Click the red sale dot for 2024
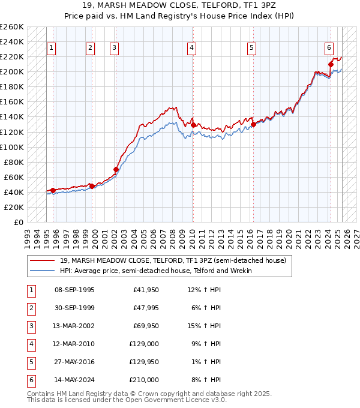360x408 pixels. (x=331, y=64)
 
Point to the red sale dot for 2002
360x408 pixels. (x=116, y=170)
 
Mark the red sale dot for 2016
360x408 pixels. (x=253, y=124)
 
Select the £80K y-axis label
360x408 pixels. (x=14, y=162)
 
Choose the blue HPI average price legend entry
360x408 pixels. (x=155, y=271)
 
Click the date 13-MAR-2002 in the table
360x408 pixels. (x=74, y=326)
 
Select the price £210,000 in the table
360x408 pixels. (x=145, y=380)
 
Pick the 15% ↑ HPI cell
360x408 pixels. (x=205, y=326)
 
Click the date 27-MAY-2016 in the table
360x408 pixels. (x=74, y=362)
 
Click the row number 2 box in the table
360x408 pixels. (x=31, y=308)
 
